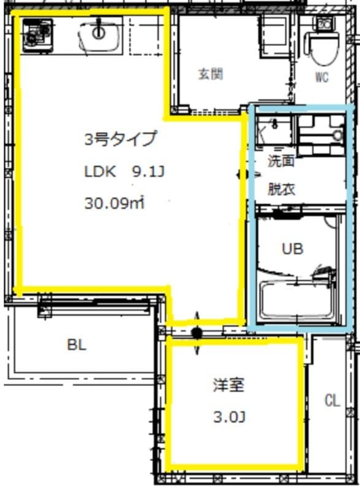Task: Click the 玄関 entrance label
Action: [x=210, y=75]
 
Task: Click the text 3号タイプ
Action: [x=120, y=139]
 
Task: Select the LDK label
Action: [x=100, y=172]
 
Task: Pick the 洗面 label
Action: [x=281, y=161]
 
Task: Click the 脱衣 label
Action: [x=281, y=189]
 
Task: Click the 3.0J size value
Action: [x=229, y=418]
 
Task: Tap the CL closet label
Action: [x=332, y=401]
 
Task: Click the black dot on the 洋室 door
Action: [x=197, y=333]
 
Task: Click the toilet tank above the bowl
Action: [x=323, y=24]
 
